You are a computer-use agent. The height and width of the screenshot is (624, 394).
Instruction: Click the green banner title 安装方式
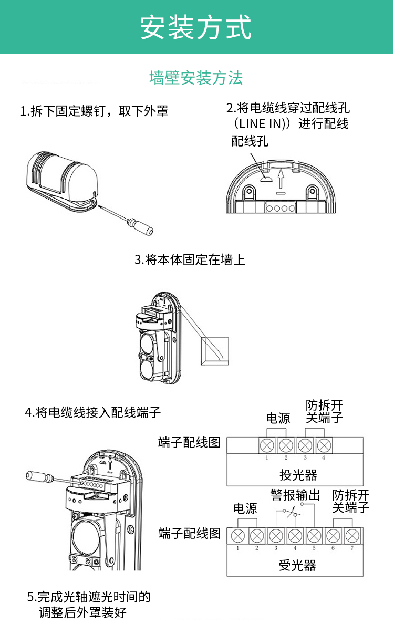tap(196, 27)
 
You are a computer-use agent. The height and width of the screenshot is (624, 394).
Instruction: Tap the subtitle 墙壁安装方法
tap(196, 78)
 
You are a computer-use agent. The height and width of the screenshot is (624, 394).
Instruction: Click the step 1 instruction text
tap(94, 111)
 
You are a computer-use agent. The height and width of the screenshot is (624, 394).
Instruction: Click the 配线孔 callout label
tap(250, 141)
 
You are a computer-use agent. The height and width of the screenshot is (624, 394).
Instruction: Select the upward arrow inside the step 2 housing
tap(282, 179)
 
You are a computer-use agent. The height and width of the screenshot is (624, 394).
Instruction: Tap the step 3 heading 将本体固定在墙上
tap(190, 259)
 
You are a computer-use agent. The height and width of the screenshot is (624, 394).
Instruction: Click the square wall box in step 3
tap(215, 351)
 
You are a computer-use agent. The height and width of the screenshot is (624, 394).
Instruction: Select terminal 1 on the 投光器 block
tap(267, 445)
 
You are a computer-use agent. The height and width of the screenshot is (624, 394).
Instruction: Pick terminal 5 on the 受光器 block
tap(314, 536)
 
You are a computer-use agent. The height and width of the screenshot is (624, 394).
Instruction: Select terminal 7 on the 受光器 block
tap(351, 536)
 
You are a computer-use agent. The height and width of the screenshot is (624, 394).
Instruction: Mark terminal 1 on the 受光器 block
tap(238, 536)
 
